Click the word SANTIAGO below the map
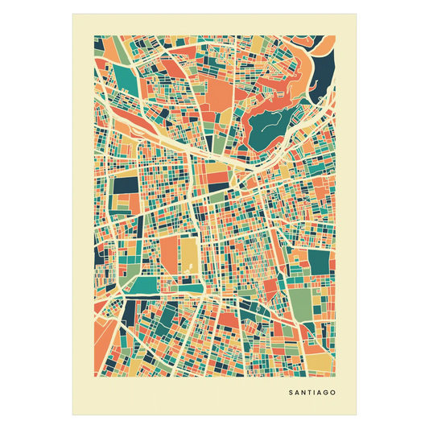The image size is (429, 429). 311,394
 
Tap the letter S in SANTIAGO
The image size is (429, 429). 290,394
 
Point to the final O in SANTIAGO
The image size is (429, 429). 333,394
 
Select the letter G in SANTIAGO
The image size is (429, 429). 326,394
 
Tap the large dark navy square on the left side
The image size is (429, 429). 125,185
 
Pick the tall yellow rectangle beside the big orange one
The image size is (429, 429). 188,254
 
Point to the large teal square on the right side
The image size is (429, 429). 320,262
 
